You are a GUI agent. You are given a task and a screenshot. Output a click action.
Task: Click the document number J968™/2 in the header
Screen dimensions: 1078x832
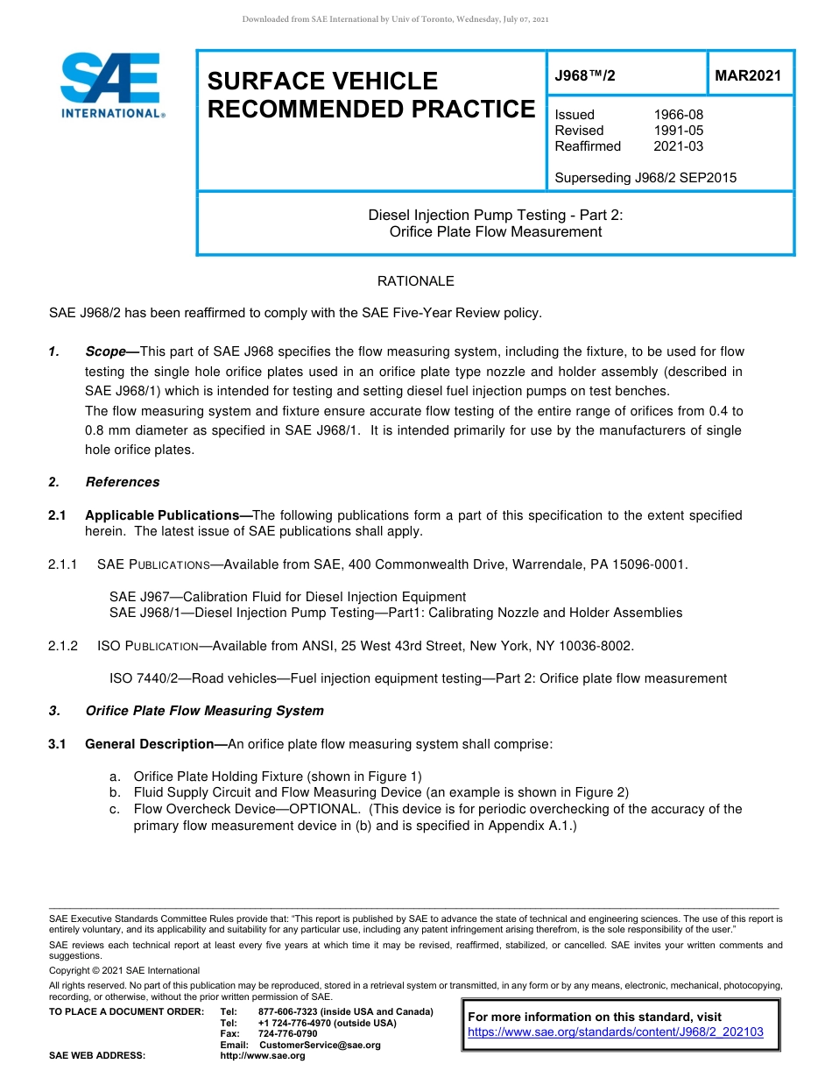coord(585,76)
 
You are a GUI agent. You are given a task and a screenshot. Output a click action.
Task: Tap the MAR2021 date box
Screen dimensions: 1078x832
coord(748,76)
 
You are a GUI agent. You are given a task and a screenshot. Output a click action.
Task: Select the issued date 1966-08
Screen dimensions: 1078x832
coord(678,115)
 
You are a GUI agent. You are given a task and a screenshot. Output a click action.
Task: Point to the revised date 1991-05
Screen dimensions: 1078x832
coord(678,131)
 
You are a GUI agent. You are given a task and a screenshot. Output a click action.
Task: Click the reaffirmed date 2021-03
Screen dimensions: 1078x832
coord(678,146)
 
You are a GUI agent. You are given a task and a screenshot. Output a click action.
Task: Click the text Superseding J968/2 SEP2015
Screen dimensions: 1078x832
coord(645,178)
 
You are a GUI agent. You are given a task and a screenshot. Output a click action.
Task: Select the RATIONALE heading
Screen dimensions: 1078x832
coord(415,281)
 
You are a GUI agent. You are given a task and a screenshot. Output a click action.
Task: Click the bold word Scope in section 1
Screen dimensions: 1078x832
coord(105,351)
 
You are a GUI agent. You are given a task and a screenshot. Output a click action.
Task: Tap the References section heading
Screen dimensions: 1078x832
coord(123,482)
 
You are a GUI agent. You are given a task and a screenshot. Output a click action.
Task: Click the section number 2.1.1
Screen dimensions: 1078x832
coord(63,564)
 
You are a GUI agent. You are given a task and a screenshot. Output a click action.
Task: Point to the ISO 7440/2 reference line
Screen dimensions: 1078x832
coord(418,678)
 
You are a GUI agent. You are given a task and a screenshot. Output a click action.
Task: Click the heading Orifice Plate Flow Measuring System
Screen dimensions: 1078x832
coord(204,711)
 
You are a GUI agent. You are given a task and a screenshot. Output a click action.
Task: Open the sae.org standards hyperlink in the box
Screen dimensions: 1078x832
coord(616,1032)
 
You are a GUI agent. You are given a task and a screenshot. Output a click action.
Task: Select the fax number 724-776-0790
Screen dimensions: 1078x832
coord(288,1034)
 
